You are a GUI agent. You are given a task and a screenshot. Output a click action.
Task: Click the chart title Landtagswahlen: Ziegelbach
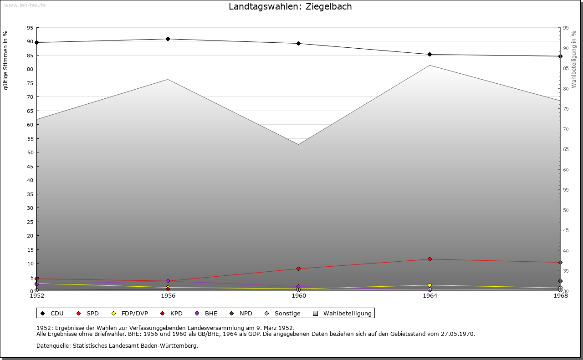[290, 7]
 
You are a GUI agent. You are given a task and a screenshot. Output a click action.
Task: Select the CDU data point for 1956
[168, 39]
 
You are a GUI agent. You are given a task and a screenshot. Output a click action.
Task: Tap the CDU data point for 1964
[430, 55]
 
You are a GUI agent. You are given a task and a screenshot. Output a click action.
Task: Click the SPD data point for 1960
[298, 269]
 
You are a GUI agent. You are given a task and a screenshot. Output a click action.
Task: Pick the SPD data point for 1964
[430, 259]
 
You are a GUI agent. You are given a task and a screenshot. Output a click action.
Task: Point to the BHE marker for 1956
[168, 281]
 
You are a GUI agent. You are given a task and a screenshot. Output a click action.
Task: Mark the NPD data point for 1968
[560, 281]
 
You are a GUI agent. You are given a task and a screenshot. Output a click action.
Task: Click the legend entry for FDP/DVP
[130, 313]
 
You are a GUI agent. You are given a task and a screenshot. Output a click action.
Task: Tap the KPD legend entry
[172, 313]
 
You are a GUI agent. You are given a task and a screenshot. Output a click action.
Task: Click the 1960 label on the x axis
[299, 296]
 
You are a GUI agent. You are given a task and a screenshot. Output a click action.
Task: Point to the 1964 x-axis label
[430, 296]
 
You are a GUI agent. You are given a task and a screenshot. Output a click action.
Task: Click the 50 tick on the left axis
[30, 152]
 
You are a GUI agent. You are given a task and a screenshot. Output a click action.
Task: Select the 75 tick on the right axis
[565, 109]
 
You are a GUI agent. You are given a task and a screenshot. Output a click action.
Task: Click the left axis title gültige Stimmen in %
[6, 61]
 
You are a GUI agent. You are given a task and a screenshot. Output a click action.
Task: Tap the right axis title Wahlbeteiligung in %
[574, 59]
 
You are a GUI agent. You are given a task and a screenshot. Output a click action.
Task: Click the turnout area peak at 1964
[430, 66]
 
